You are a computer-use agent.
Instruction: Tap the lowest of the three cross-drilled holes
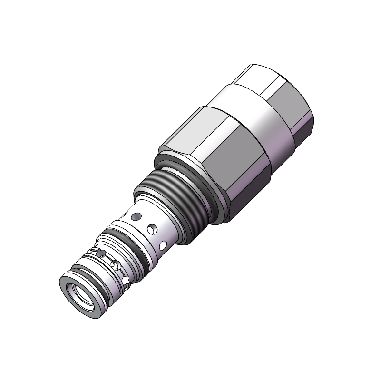coord(163,246)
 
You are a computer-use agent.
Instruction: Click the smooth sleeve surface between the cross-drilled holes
coord(145,238)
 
